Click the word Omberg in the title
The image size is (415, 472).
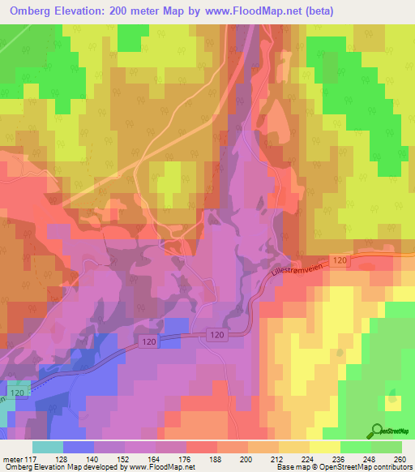(33, 11)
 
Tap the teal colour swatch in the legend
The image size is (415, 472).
(48, 447)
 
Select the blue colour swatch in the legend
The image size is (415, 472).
(79, 447)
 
